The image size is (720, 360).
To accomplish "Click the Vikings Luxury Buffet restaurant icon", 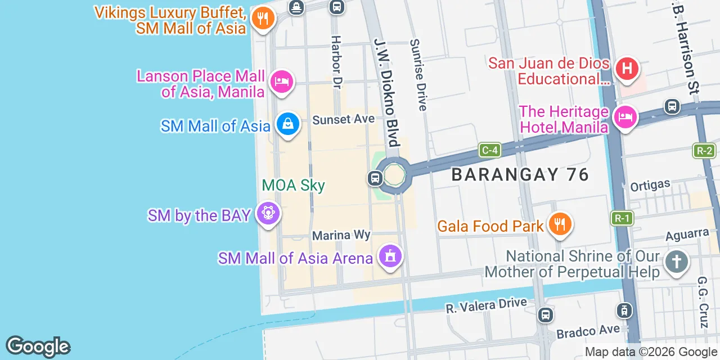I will [262, 19].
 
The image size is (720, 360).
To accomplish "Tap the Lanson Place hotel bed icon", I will [282, 82].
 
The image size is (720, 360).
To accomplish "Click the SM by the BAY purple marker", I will [268, 214].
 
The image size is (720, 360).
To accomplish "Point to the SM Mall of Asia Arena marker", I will [390, 256].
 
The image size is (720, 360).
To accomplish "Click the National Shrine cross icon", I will [676, 262].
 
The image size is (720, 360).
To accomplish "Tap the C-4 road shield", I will [489, 150].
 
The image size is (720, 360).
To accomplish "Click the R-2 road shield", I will [704, 150].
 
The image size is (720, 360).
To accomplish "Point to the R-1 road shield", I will [622, 218].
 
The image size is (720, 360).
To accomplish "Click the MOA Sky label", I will [293, 185].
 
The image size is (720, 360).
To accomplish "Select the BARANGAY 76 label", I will [520, 174].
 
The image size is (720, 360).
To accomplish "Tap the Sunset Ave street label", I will [343, 119].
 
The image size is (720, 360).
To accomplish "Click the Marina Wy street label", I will [341, 235].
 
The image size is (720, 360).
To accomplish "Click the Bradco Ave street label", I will [588, 331].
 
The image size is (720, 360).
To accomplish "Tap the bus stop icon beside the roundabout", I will [375, 178].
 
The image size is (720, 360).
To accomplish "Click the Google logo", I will [38, 347].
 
